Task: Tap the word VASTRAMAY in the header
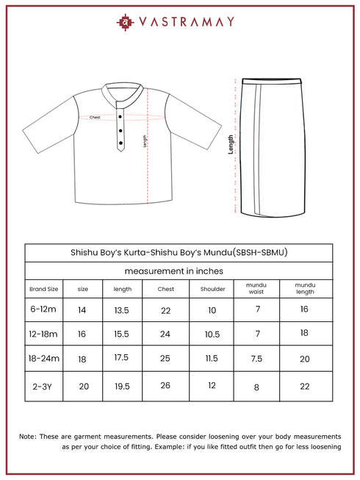(x=187, y=22)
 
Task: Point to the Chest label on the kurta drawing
(x=95, y=118)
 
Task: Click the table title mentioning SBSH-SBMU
(x=179, y=252)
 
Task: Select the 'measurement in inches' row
(x=179, y=271)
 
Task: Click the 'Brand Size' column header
(x=43, y=289)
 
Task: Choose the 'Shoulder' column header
(x=212, y=289)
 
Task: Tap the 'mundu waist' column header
(x=256, y=288)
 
